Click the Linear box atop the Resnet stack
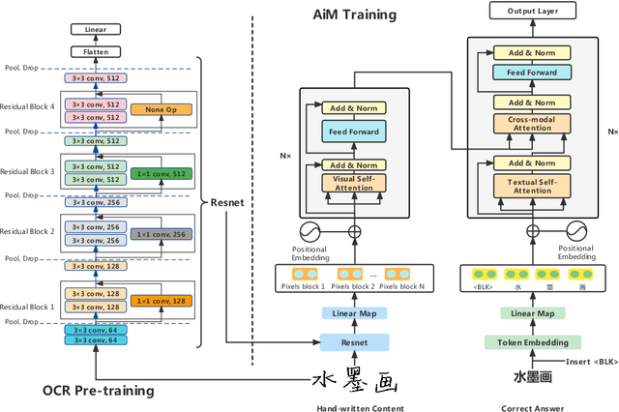click(95, 31)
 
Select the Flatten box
click(95, 51)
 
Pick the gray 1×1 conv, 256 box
click(161, 234)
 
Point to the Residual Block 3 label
click(29, 171)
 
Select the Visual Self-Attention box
click(353, 182)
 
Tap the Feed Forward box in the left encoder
click(353, 131)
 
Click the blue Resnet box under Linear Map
click(354, 341)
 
